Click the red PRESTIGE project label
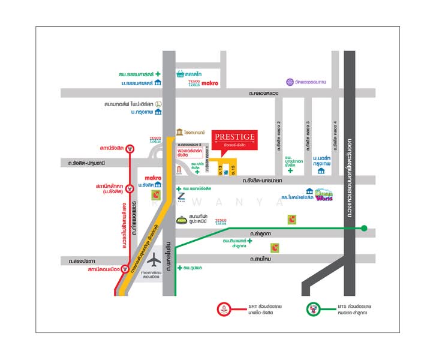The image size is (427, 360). (x=234, y=142)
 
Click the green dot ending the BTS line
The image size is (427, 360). (x=363, y=228)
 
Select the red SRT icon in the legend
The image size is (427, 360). (x=225, y=310)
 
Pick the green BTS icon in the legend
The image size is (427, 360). (x=313, y=310)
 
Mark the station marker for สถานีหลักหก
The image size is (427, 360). (x=130, y=190)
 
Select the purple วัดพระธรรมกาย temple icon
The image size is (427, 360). (x=290, y=82)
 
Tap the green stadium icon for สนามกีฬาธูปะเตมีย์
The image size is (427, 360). (x=182, y=220)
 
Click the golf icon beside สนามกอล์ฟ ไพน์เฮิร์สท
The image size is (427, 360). (x=158, y=103)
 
